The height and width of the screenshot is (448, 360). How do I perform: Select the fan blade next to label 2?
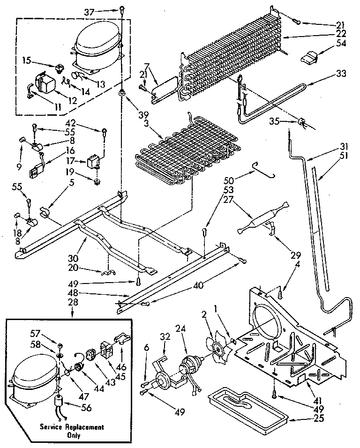[217, 345]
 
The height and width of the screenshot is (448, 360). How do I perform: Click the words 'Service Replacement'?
[71, 427]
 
